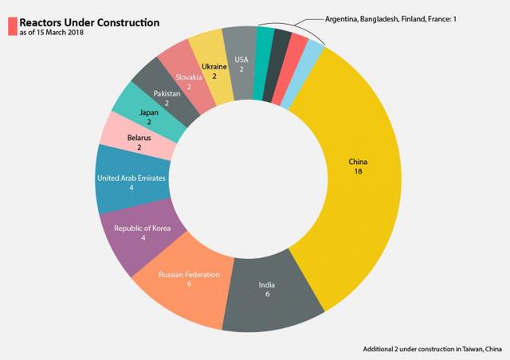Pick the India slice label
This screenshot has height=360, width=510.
click(x=266, y=285)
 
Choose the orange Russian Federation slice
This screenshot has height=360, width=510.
click(x=185, y=279)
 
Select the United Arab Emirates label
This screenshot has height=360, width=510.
click(x=131, y=178)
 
